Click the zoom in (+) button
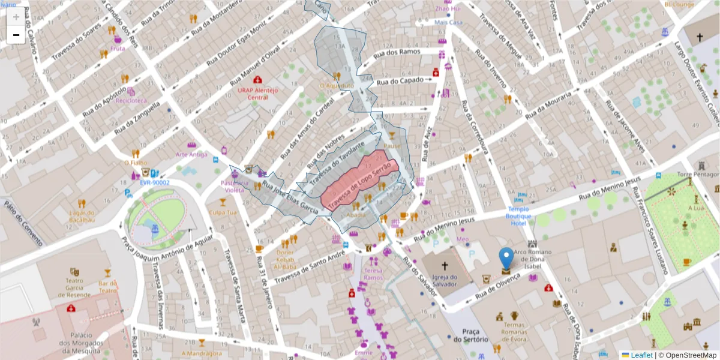coord(16,17)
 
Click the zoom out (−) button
coord(16,35)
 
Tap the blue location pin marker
coord(506,259)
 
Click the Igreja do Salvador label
coord(445,281)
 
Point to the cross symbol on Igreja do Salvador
coord(445,265)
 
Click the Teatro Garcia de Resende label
coord(74,288)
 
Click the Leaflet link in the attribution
coord(641,355)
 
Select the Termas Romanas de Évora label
coord(515,331)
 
